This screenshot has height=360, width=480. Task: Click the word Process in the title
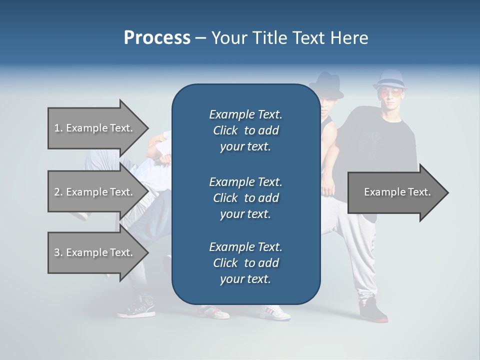coord(157,37)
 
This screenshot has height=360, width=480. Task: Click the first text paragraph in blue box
coord(245,130)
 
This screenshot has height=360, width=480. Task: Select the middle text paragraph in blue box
coord(245,197)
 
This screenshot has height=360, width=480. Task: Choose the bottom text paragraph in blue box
coord(245,262)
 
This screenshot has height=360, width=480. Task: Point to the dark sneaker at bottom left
coord(136,306)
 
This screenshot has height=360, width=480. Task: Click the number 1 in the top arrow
coord(57,128)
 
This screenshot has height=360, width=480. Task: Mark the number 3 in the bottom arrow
coord(57,252)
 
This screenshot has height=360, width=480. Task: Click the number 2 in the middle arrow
coord(57,192)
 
